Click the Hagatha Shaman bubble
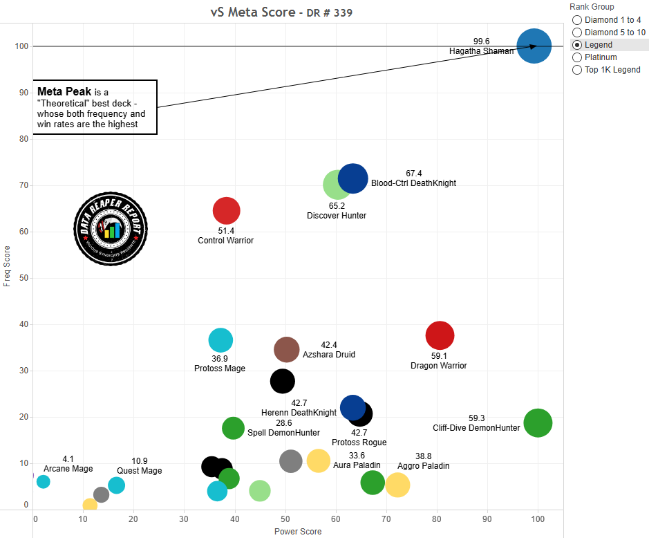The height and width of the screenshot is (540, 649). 534,46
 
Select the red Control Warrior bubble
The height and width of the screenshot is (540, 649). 226,211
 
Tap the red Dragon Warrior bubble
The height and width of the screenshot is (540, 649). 440,336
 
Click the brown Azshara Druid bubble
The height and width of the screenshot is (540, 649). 286,350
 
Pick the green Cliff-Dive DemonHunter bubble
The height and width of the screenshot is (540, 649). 538,423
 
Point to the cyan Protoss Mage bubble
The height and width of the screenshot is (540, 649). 220,340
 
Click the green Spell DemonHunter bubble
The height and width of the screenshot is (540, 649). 234,428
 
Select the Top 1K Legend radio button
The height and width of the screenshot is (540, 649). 577,70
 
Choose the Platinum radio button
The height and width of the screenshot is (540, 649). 577,57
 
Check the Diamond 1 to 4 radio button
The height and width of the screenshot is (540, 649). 577,20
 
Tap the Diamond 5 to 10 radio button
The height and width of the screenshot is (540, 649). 577,32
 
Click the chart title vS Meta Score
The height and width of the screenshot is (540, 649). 252,12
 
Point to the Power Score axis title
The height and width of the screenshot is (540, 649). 298,532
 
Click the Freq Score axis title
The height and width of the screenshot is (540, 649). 7,266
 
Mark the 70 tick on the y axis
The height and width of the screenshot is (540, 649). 23,185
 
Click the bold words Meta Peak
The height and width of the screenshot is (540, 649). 64,91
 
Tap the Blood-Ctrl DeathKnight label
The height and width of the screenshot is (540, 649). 413,183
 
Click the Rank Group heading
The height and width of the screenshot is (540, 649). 592,7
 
